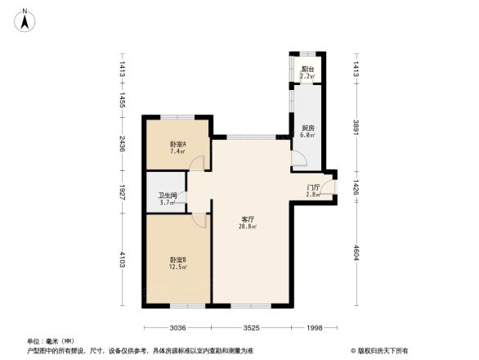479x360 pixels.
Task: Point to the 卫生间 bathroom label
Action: tap(168, 196)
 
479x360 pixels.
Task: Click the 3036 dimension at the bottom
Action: tap(179, 328)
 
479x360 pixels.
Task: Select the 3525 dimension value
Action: tap(251, 328)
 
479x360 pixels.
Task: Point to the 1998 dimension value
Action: tap(314, 328)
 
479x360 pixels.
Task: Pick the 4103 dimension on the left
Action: tap(121, 260)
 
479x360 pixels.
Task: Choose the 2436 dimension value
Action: tap(121, 146)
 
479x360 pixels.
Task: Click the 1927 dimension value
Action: tap(121, 194)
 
